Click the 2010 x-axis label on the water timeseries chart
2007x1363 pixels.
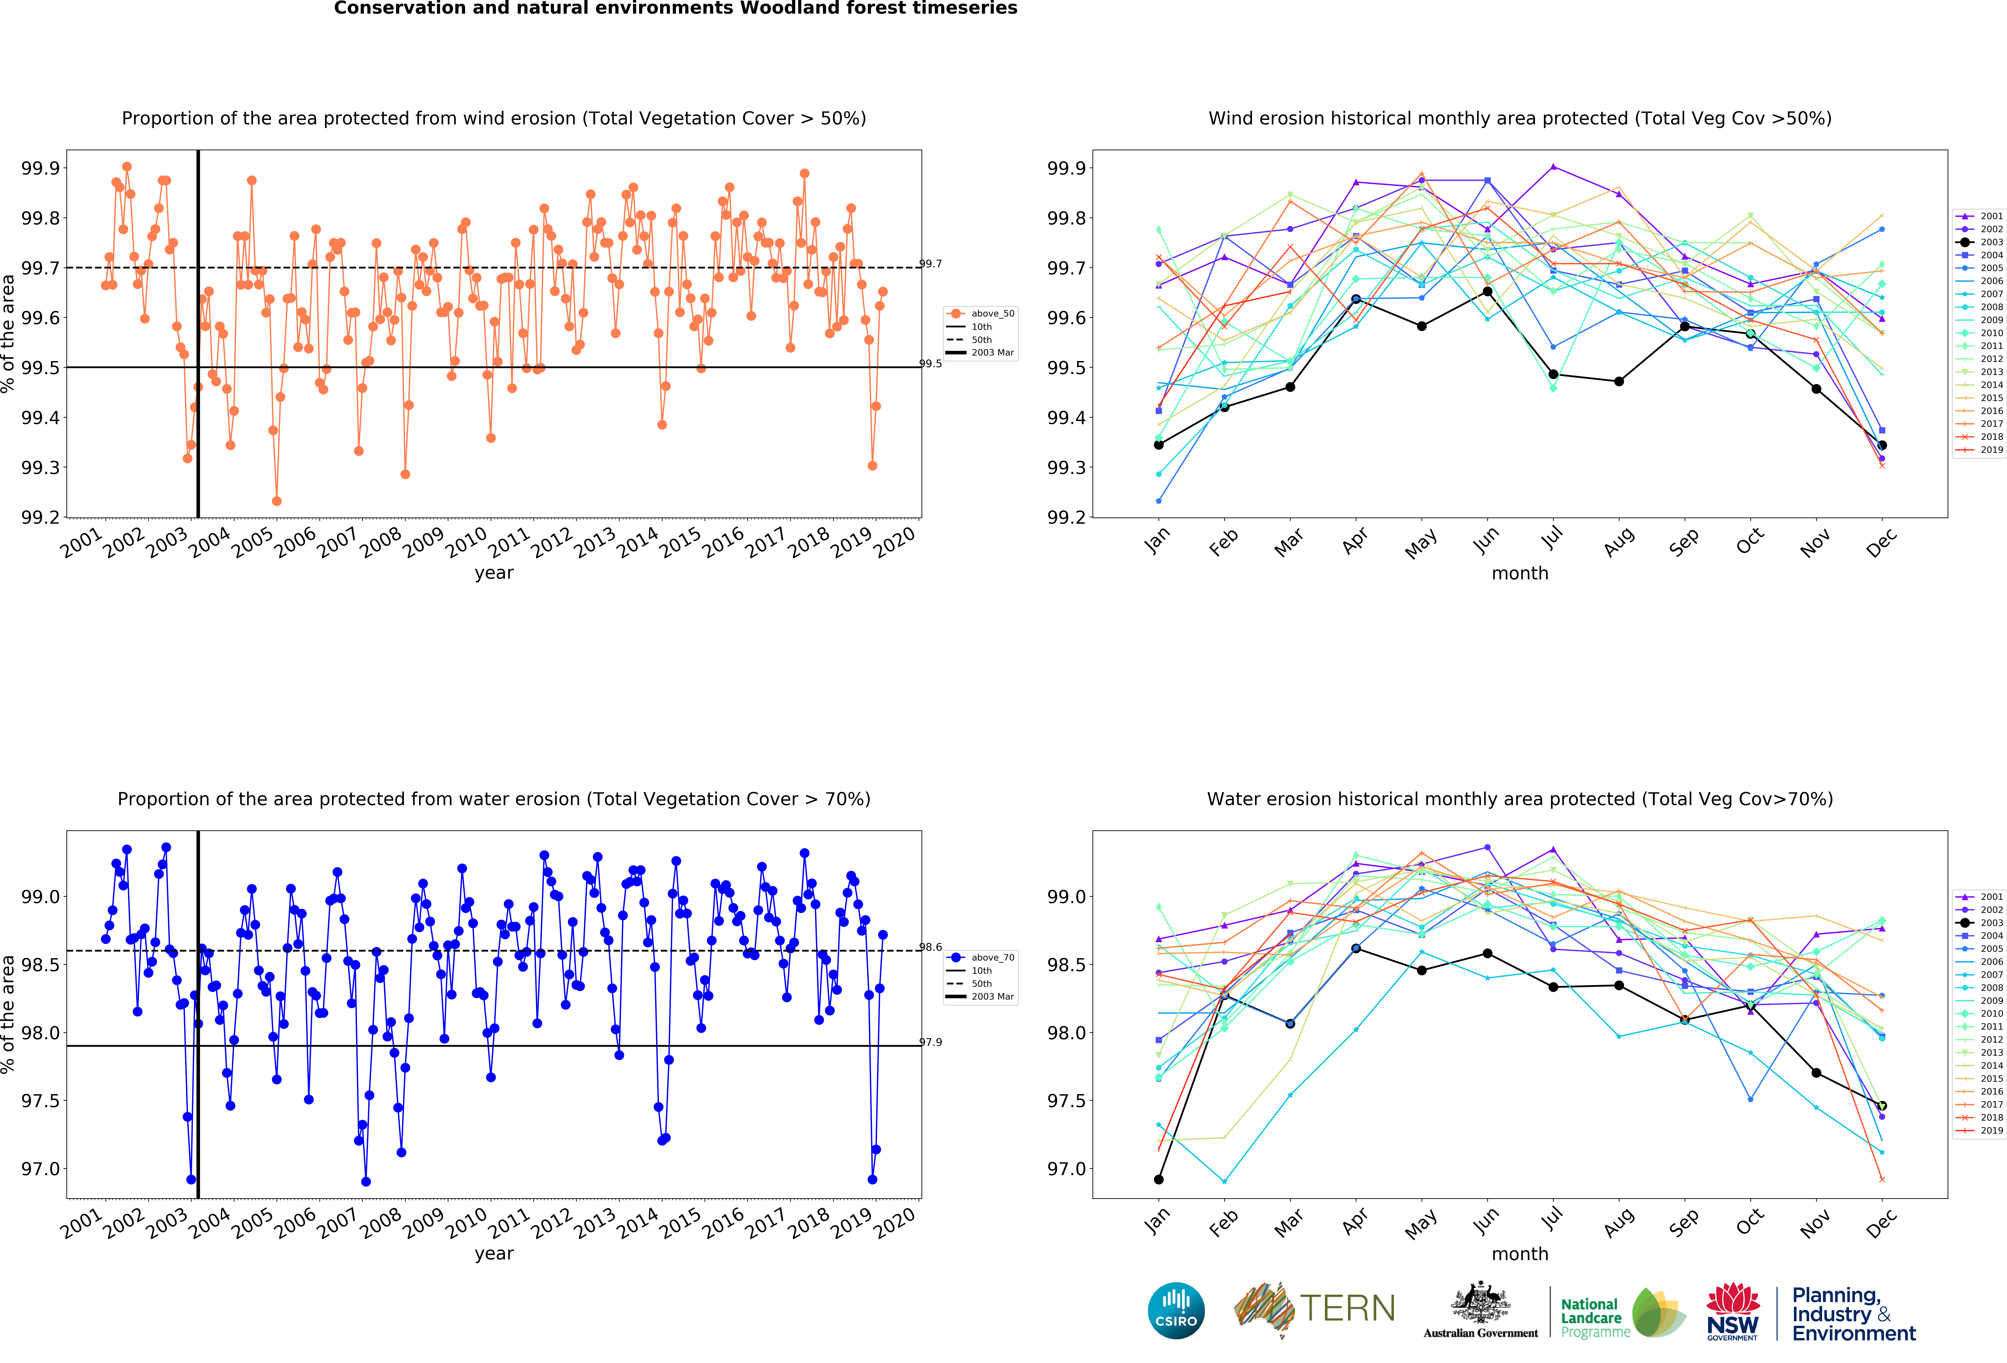click(x=466, y=1222)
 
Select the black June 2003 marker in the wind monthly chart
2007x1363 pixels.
click(x=1487, y=292)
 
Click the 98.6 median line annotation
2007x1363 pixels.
click(x=930, y=947)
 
